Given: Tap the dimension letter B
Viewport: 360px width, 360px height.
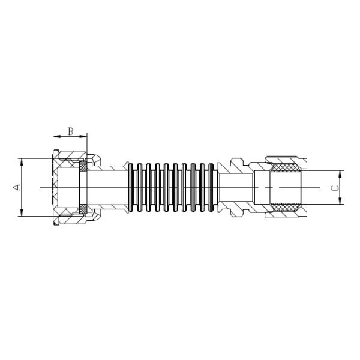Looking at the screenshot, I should point(70,130).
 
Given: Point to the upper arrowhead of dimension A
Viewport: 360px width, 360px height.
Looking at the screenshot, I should point(22,161).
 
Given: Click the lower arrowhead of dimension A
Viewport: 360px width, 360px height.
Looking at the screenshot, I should point(22,214).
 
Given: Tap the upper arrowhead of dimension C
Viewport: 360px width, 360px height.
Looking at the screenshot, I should point(340,173).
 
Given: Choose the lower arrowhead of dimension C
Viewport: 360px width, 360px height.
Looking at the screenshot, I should point(340,202).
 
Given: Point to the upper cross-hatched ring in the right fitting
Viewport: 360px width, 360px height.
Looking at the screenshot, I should point(286,169).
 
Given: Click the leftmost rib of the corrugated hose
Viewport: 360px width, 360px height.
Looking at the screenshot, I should point(132,188).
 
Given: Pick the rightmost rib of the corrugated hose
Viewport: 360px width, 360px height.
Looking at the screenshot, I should point(211,188).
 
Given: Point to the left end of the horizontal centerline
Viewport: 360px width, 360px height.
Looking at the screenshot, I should point(40,188).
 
